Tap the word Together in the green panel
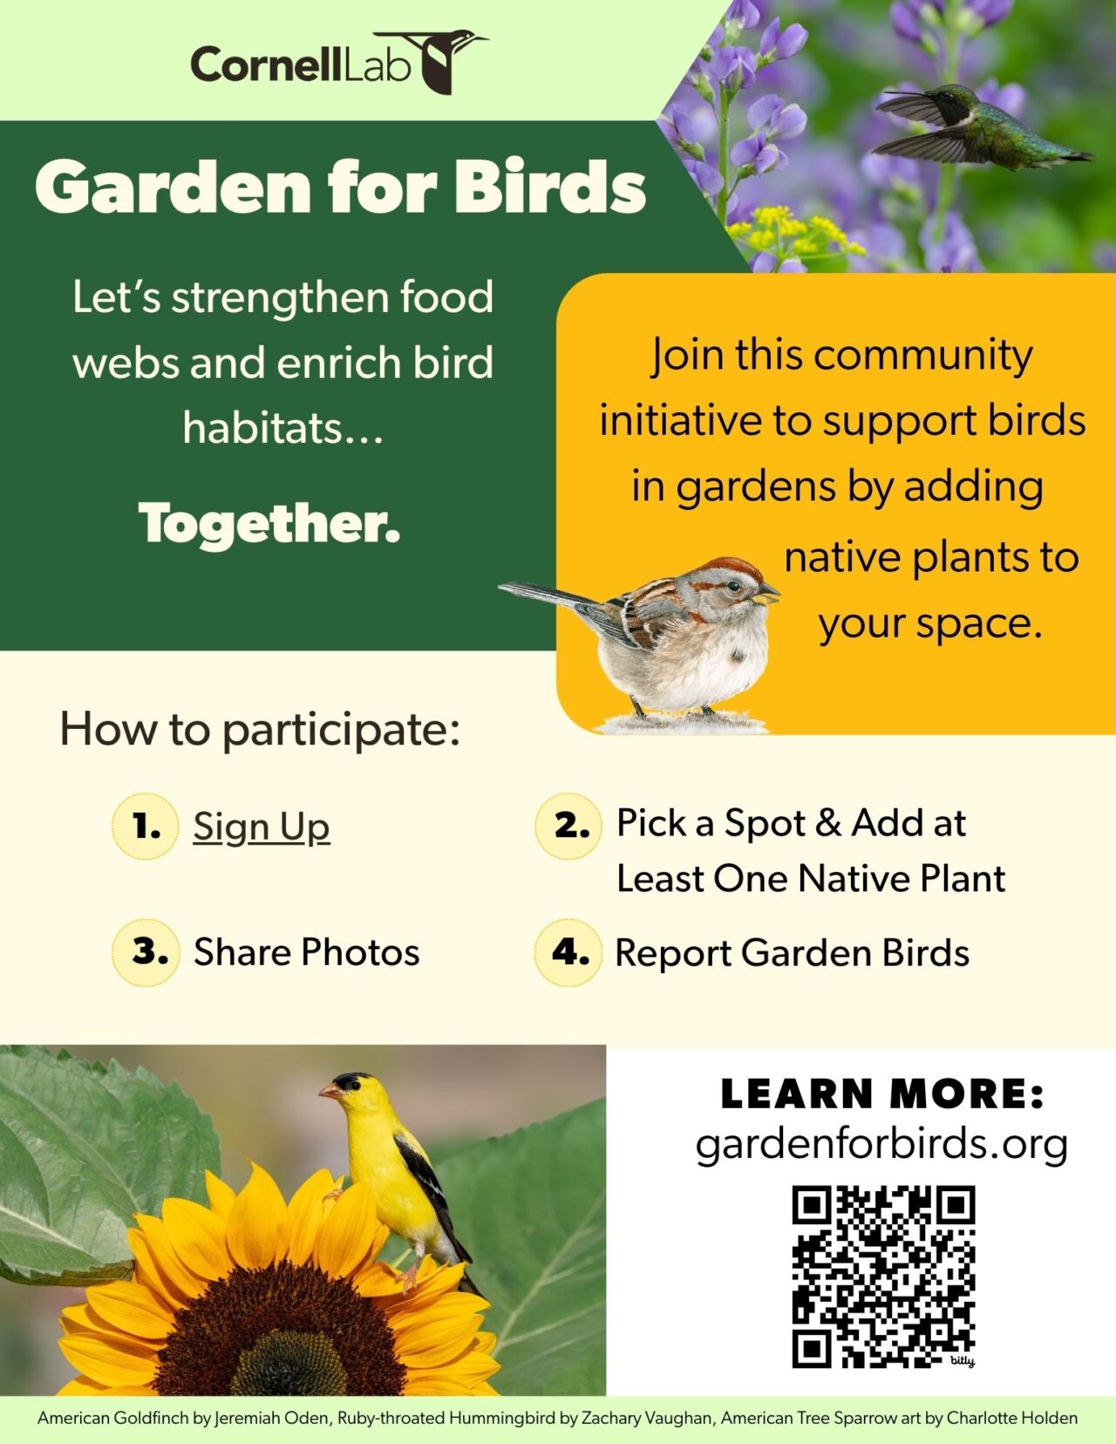tap(269, 523)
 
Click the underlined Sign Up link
tap(262, 826)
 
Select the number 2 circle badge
tap(568, 826)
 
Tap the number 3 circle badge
tap(146, 951)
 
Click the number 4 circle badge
tap(568, 951)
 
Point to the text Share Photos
tap(306, 951)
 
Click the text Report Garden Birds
tap(792, 952)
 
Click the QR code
tap(882, 1276)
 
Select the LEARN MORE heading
tap(881, 1093)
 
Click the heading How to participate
tap(260, 728)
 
